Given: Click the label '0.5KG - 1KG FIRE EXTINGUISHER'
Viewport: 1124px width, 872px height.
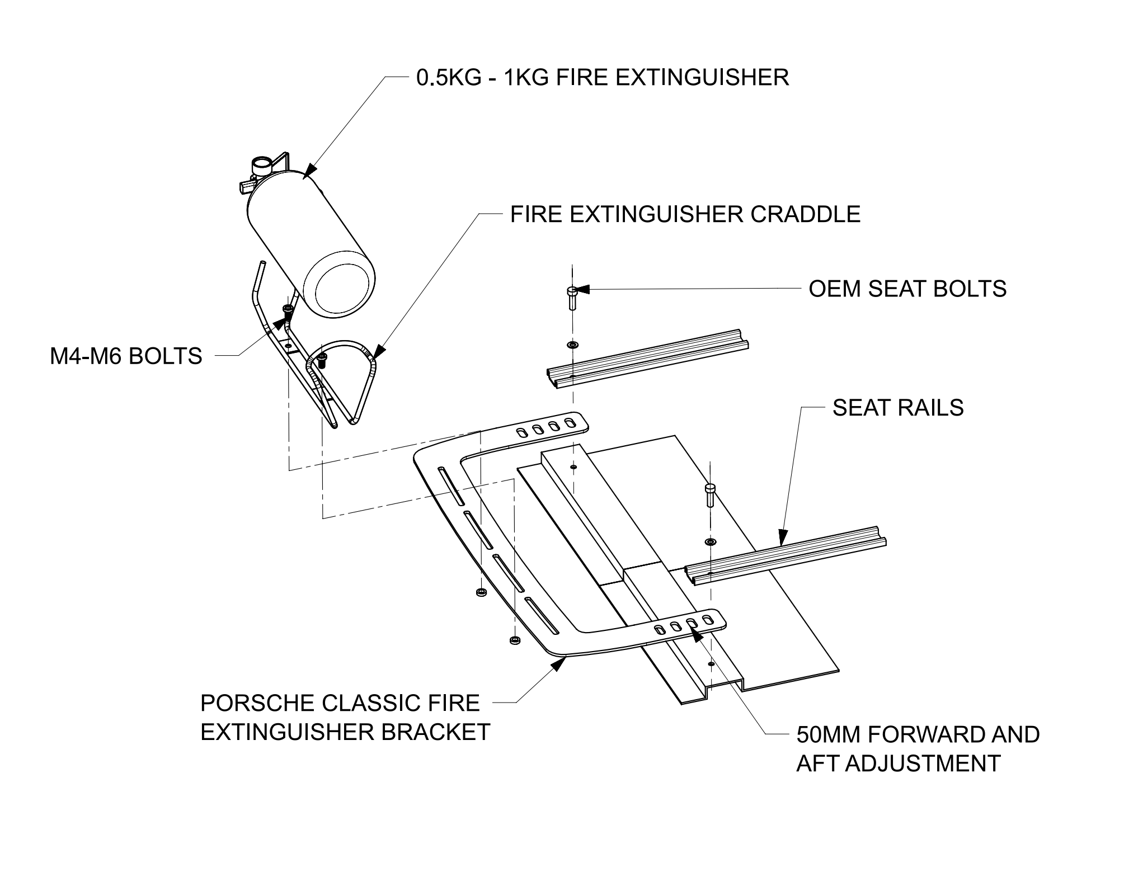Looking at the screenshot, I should (603, 77).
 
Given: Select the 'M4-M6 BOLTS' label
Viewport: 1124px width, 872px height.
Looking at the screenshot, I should (126, 356).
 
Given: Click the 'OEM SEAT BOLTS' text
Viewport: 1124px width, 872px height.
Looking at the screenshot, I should (907, 289).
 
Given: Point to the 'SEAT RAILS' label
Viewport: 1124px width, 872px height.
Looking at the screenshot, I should (898, 408).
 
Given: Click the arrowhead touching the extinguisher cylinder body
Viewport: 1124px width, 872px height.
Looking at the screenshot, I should (311, 170).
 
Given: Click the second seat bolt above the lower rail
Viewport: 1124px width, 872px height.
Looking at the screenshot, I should (710, 494).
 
